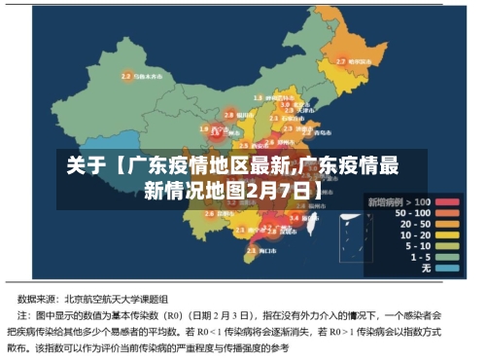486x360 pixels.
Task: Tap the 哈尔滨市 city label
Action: tap(363, 60)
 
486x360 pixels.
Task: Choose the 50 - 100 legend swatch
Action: tap(446, 213)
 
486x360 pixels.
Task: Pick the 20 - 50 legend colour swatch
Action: tap(446, 224)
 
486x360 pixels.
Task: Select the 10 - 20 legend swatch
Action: tap(446, 234)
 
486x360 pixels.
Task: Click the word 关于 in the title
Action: tap(86, 165)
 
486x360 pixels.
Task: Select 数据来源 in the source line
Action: tap(36, 298)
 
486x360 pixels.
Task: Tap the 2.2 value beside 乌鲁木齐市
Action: tap(125, 75)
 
